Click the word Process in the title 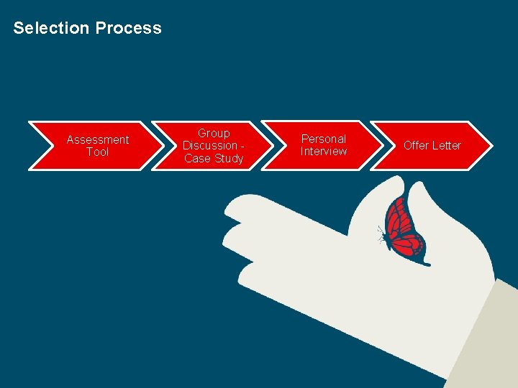[x=129, y=28]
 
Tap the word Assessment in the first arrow [x=98, y=139]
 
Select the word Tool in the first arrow [x=98, y=152]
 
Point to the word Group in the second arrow [x=214, y=133]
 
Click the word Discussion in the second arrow [x=210, y=146]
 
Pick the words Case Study [x=214, y=159]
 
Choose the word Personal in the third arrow [x=323, y=139]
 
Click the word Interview [x=323, y=152]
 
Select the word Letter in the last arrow [x=447, y=145]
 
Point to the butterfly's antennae [x=381, y=231]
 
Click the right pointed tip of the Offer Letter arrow [x=491, y=145]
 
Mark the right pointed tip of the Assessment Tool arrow [x=163, y=146]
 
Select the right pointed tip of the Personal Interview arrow [x=383, y=145]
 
